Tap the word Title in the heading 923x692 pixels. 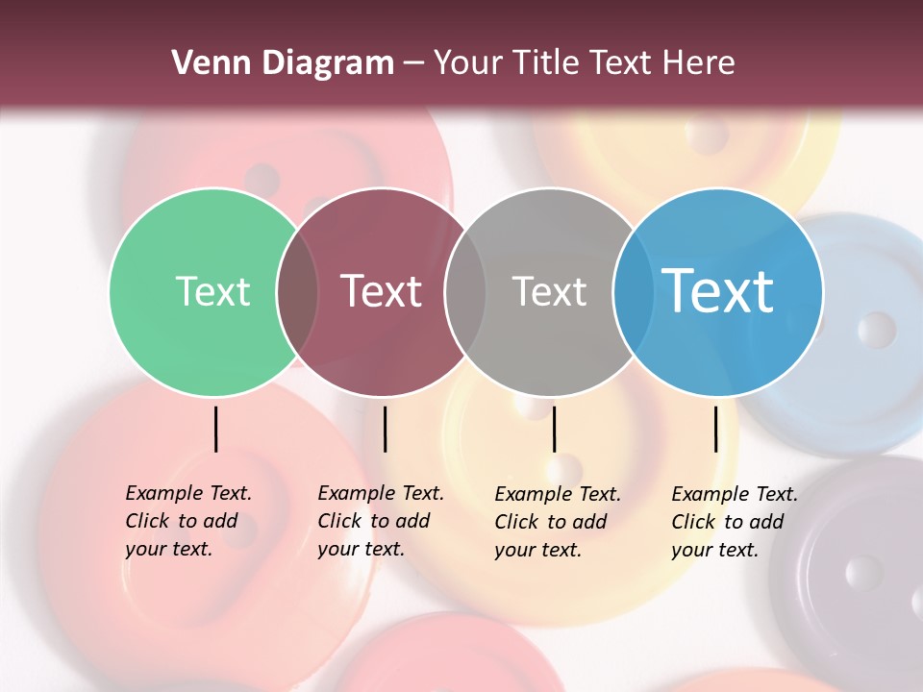[x=546, y=63]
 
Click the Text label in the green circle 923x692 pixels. [x=212, y=291]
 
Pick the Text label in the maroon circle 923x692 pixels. [x=382, y=291]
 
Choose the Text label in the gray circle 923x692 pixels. [x=549, y=291]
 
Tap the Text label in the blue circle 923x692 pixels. [x=718, y=291]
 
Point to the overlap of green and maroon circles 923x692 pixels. [x=297, y=291]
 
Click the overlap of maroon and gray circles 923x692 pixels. [x=465, y=291]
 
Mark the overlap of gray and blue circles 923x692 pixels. [x=634, y=291]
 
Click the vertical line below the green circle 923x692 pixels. [x=216, y=429]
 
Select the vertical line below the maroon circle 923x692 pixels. [x=385, y=429]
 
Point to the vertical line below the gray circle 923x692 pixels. [x=554, y=429]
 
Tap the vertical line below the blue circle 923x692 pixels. [x=715, y=429]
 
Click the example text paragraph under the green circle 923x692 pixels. [x=187, y=521]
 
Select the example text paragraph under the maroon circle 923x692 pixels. [x=380, y=521]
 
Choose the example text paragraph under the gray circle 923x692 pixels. [x=557, y=522]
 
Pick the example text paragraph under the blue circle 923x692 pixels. [x=734, y=522]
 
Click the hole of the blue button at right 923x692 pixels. [x=876, y=330]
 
